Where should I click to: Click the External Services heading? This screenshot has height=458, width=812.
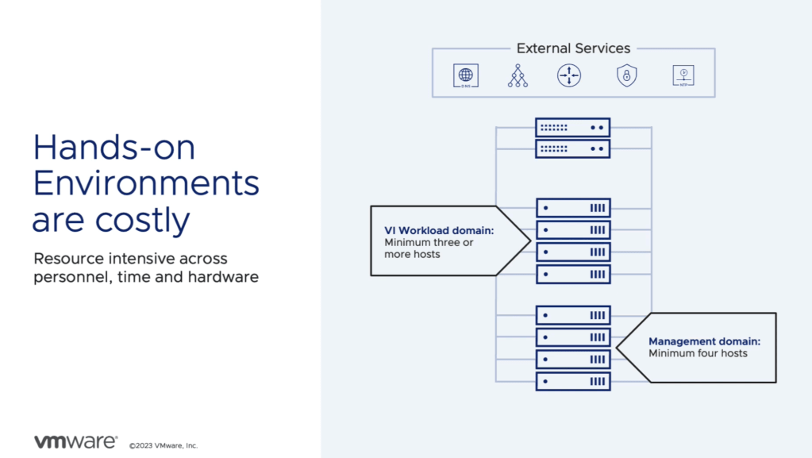tap(573, 48)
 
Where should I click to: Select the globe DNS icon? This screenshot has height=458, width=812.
tap(466, 75)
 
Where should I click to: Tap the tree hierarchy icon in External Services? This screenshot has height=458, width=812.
tap(518, 75)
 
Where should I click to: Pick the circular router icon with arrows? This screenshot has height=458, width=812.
tap(569, 75)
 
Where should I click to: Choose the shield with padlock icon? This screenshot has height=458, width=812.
tap(627, 75)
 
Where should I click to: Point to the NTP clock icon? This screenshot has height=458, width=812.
tap(683, 75)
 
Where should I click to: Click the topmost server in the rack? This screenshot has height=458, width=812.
tap(572, 127)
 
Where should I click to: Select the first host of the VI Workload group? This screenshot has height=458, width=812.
tap(573, 208)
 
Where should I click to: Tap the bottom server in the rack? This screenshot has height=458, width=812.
tap(573, 381)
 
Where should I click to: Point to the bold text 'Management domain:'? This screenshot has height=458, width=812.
tap(704, 341)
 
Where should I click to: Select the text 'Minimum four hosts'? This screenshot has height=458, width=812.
tap(698, 353)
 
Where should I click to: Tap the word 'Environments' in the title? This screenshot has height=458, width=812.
tap(146, 184)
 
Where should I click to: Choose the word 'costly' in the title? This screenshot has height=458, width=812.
tap(144, 220)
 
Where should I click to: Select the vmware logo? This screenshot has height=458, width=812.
tap(75, 441)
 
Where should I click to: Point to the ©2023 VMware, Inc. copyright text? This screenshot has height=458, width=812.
tap(164, 446)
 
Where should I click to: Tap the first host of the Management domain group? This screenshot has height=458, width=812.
tap(573, 315)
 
